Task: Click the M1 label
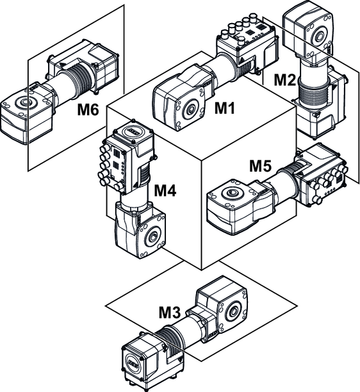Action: coord(225,108)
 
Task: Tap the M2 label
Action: coord(285,80)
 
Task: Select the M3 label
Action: coord(170,313)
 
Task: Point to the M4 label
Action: coord(165,190)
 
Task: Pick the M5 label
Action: coord(260,166)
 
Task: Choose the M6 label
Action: coord(88,110)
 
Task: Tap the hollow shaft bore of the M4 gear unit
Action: coord(152,236)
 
